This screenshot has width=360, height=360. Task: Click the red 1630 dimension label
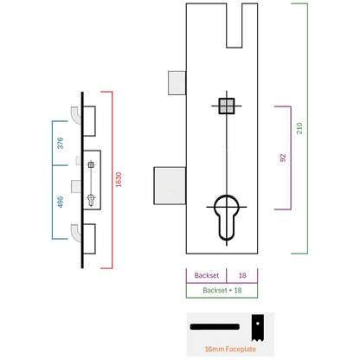tap(119, 180)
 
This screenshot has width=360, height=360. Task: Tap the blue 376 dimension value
tap(61, 143)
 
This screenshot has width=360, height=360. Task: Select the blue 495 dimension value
tap(61, 202)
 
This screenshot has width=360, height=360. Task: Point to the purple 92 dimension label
tap(283, 157)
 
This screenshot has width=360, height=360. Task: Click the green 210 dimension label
tap(299, 128)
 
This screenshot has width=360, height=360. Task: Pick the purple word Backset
tap(207, 275)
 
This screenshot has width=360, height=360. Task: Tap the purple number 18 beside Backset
tap(242, 275)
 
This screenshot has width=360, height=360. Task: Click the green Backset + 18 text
tap(222, 290)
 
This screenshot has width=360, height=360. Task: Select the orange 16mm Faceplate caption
tap(230, 349)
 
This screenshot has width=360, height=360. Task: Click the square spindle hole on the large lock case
tap(227, 106)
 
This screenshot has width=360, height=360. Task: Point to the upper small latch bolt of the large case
tap(177, 83)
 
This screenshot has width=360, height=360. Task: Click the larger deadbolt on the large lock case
tap(170, 185)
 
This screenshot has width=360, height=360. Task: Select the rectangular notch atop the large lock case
tap(235, 25)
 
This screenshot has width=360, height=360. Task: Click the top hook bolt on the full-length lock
tap(76, 115)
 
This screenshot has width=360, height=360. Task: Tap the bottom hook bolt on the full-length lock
tap(76, 233)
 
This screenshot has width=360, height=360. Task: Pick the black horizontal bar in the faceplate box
tap(215, 327)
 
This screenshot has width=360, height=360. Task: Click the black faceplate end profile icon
tap(257, 328)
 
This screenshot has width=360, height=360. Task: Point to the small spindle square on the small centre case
tap(91, 164)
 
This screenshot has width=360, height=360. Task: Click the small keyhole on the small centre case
tap(91, 200)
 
